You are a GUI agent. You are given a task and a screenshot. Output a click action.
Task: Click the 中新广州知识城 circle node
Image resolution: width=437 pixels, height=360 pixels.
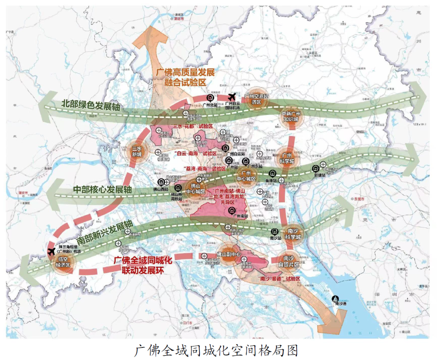tap(290, 117)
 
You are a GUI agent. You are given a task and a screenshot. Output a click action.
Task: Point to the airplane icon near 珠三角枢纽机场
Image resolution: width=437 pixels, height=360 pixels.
tap(51, 252)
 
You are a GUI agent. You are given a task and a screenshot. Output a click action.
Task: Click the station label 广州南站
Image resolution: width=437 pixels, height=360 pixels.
tap(240, 216)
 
